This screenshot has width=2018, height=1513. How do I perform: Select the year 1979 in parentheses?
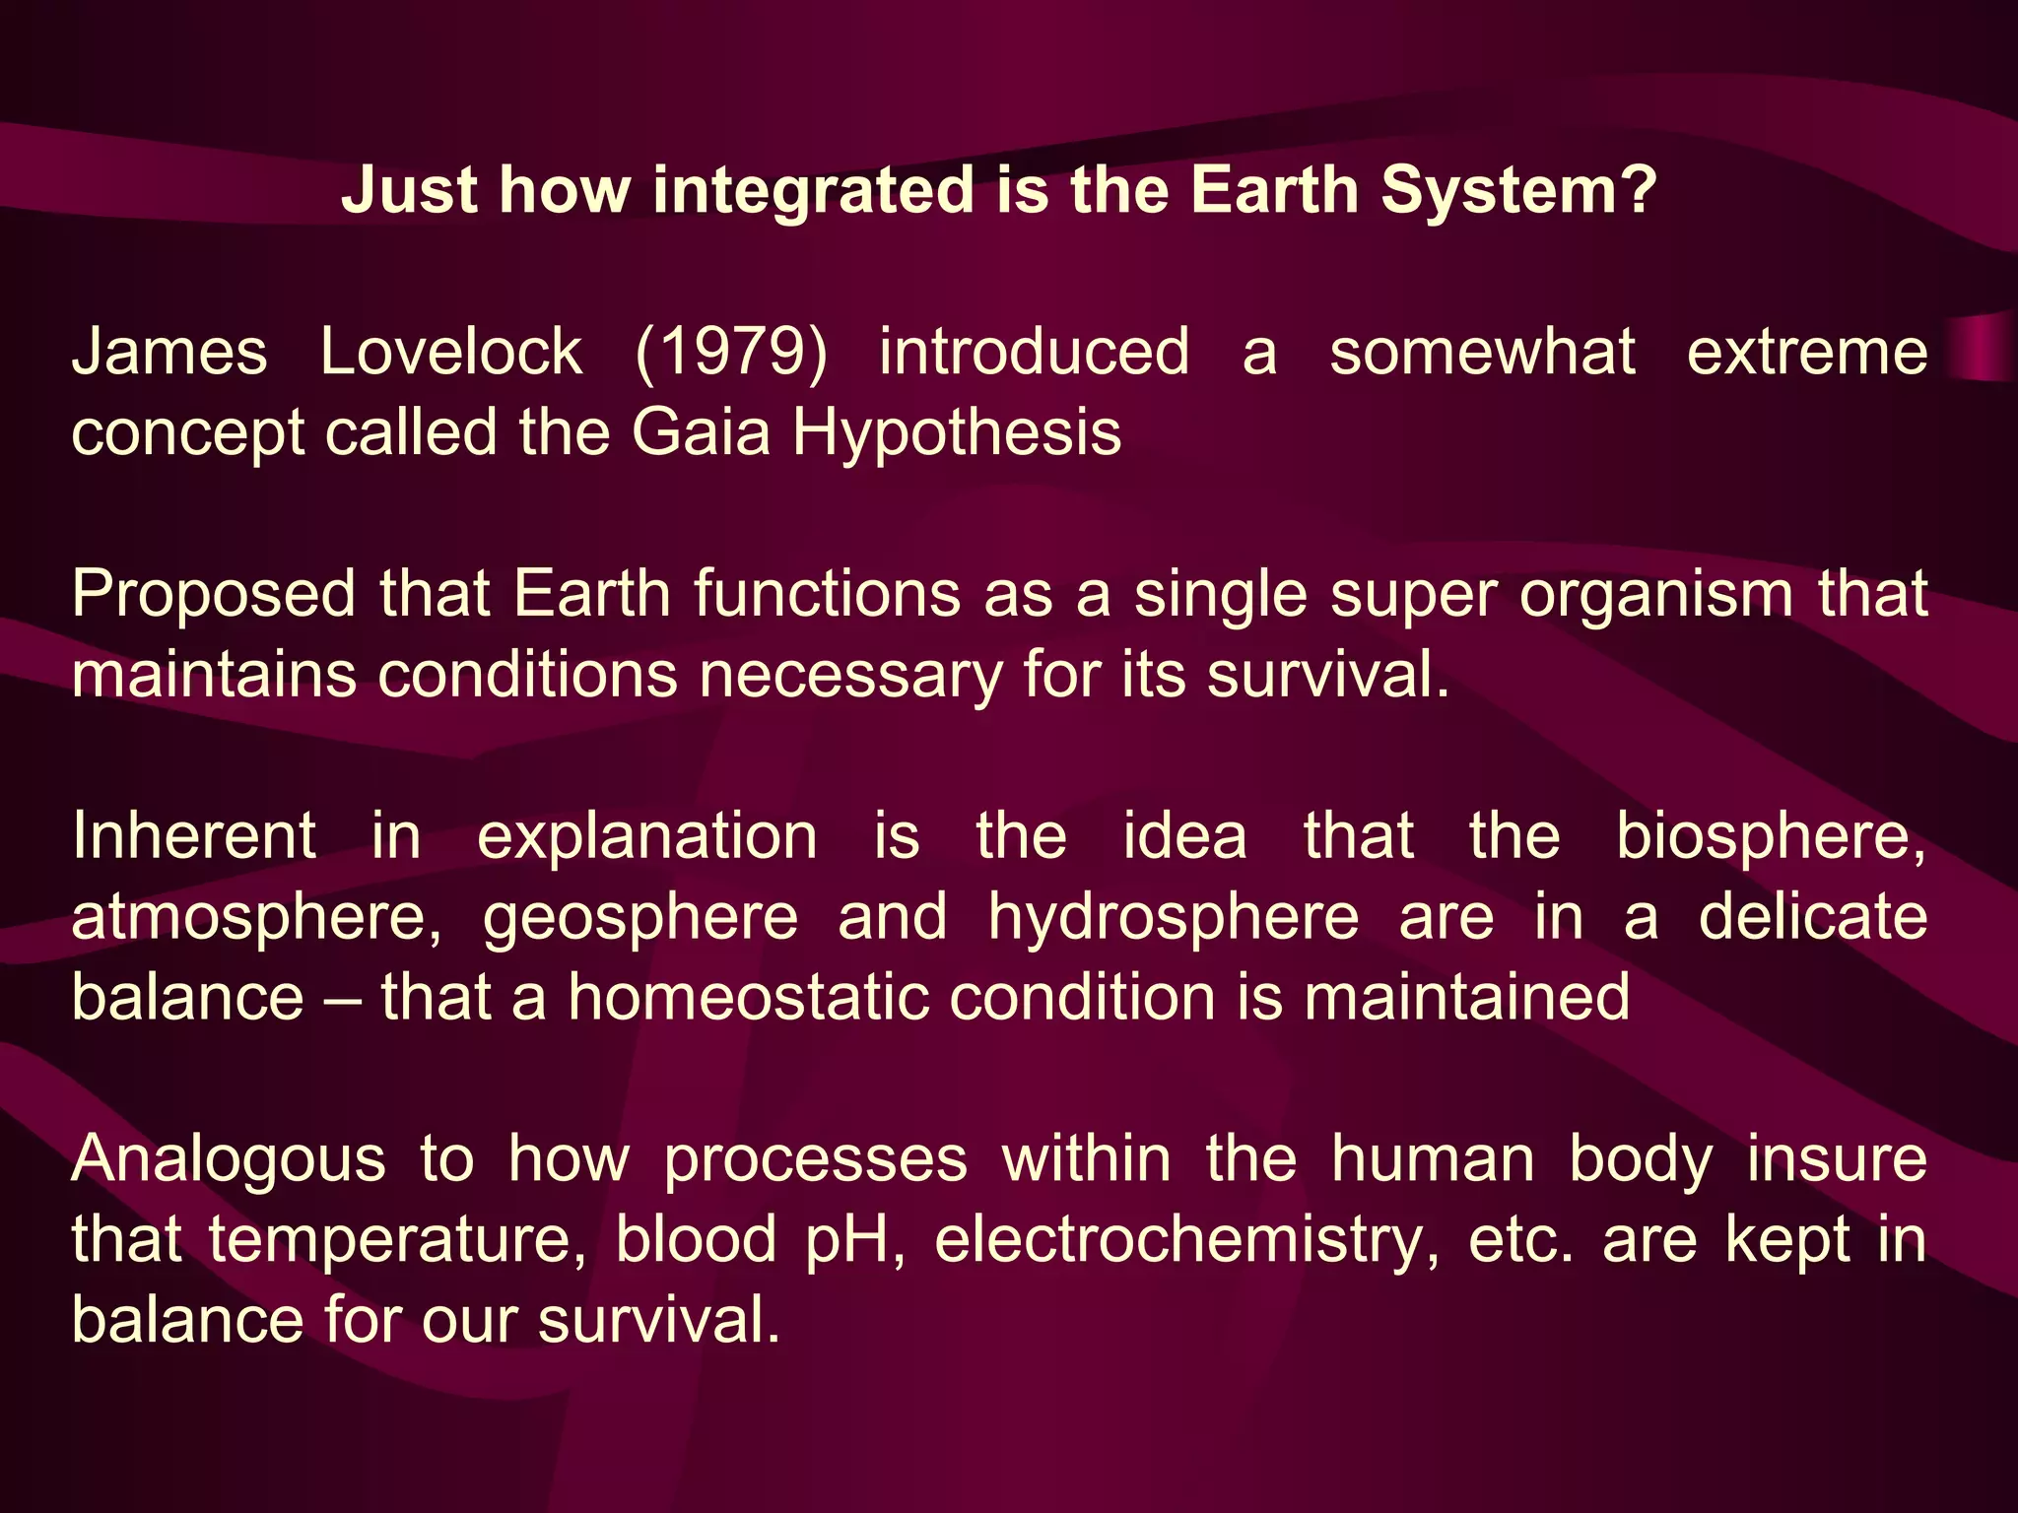(731, 352)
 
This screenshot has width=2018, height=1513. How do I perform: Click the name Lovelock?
(451, 352)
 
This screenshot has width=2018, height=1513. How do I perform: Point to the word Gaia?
(701, 432)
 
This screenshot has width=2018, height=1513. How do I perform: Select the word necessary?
(849, 677)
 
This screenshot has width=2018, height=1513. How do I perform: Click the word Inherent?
(194, 836)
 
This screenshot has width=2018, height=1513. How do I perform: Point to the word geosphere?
(640, 919)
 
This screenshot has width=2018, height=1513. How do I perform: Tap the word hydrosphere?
(1174, 919)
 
